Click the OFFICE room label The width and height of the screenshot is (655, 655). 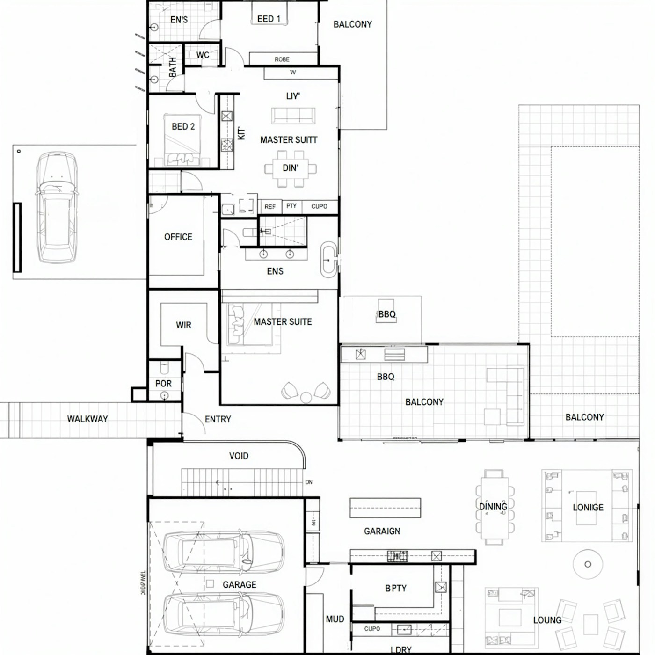(178, 237)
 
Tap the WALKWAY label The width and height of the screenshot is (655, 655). (87, 419)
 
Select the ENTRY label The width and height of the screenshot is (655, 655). (218, 419)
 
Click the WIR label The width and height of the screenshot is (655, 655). (183, 325)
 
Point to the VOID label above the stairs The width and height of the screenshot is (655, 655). (239, 456)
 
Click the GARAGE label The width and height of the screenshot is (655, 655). (239, 584)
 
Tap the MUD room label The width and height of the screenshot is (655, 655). (335, 619)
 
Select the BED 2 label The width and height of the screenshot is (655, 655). (183, 126)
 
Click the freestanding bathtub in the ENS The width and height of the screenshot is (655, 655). (328, 260)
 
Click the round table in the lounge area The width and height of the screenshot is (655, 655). (588, 564)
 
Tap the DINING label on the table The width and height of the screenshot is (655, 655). (493, 507)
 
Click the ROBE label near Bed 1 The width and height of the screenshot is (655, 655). (282, 59)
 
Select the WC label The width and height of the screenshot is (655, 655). (203, 55)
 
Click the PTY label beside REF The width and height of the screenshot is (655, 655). (291, 206)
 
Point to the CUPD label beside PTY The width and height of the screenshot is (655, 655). (319, 206)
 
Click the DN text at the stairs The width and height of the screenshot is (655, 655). (309, 482)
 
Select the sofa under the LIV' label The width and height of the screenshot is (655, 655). (293, 115)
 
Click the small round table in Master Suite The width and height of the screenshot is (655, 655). (306, 397)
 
